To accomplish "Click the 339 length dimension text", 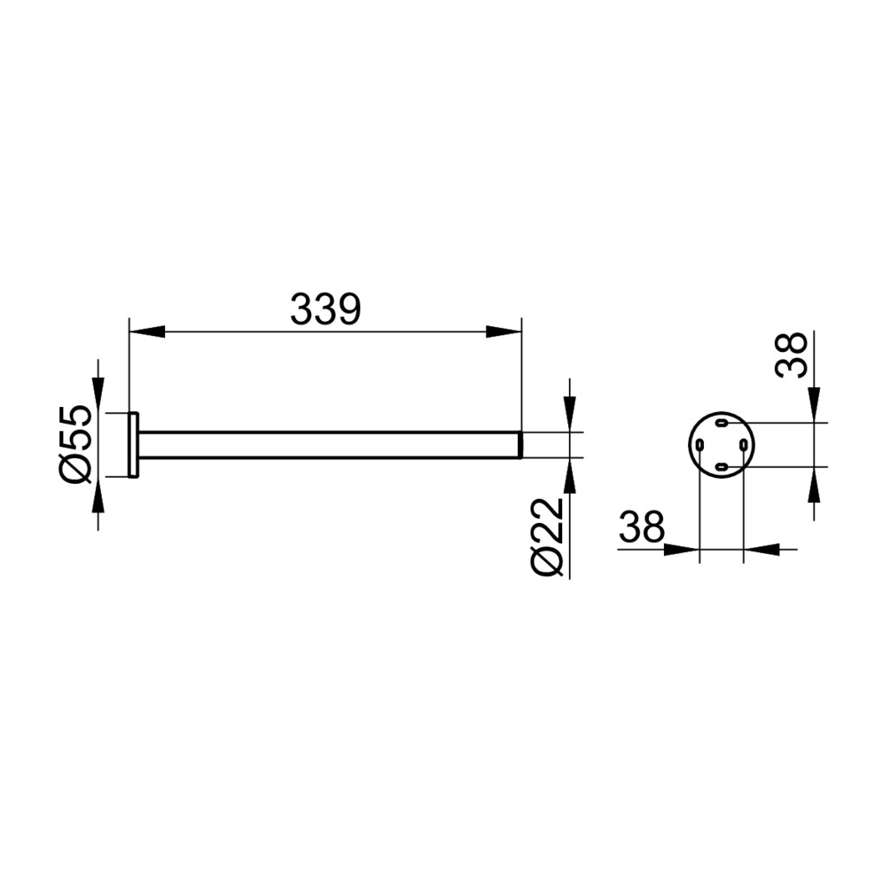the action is tap(325, 309).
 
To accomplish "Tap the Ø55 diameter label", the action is tap(75, 444).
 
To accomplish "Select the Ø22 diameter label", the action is tap(546, 537).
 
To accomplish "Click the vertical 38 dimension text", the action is tap(791, 355).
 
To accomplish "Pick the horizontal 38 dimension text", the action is tap(642, 527).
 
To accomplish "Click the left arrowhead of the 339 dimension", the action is tap(147, 332).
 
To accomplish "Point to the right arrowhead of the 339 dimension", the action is tap(504, 332).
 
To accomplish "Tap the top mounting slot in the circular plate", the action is tap(722, 423).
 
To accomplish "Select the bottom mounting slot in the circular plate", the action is tap(722, 466).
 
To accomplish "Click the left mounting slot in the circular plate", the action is tap(699, 445).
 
